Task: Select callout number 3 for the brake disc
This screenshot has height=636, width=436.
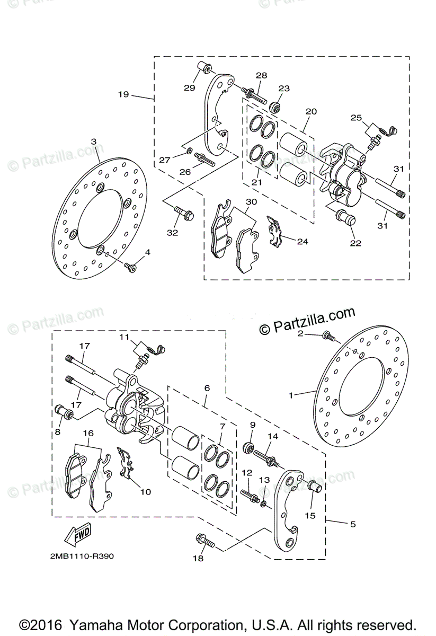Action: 93,142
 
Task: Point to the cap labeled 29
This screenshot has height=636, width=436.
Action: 203,68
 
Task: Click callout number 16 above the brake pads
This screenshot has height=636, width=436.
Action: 88,433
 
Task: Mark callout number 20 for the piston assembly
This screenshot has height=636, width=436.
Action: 311,111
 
